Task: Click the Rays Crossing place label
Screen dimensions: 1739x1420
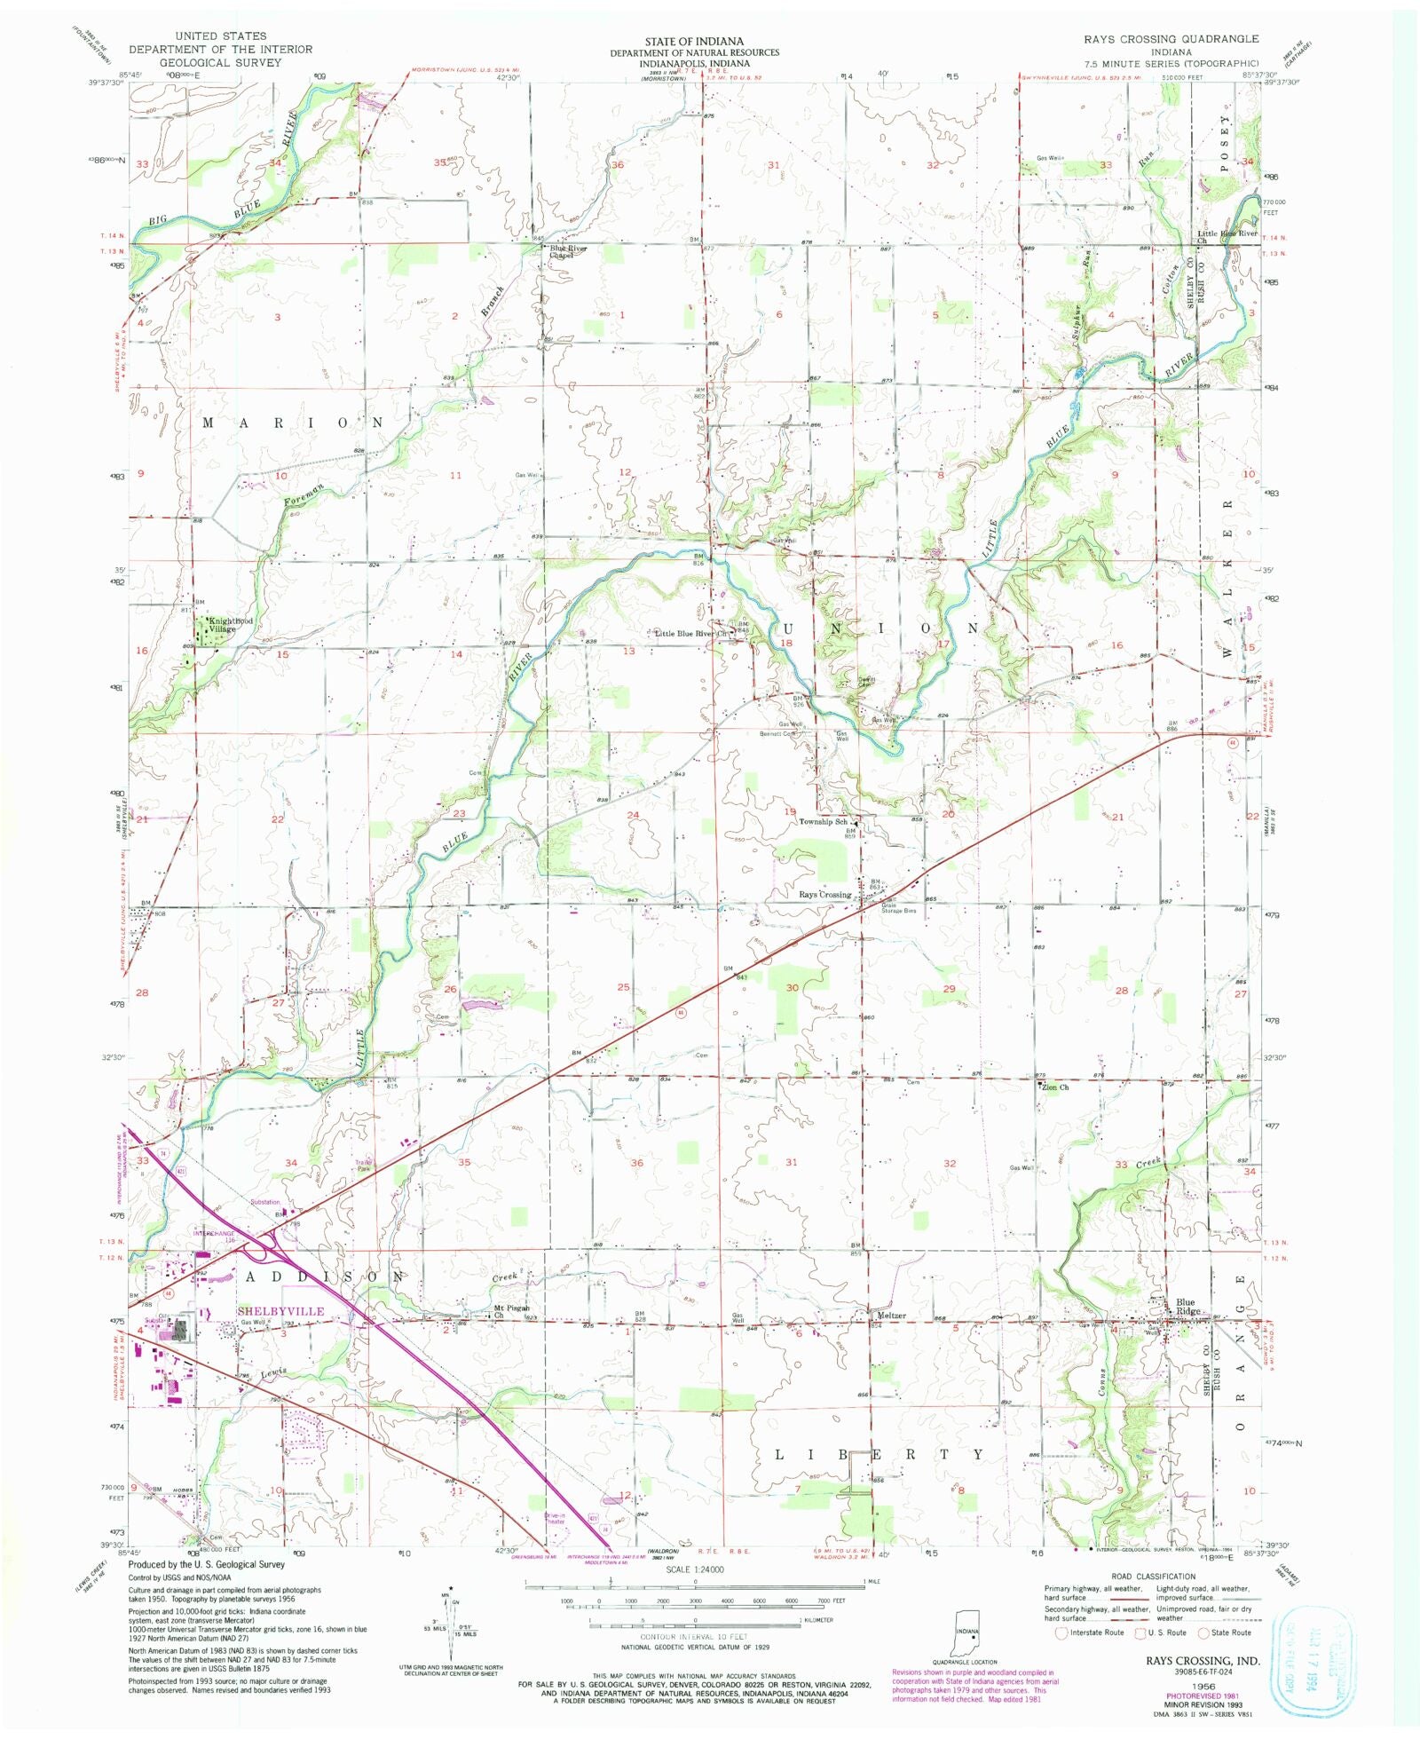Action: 824,894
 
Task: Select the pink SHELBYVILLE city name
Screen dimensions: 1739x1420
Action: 280,1311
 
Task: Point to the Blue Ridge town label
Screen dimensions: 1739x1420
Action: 1188,1307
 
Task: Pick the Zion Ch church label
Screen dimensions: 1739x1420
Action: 1055,1087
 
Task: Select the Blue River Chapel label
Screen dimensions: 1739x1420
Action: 569,251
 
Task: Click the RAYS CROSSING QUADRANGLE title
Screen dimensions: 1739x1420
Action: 1171,39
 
